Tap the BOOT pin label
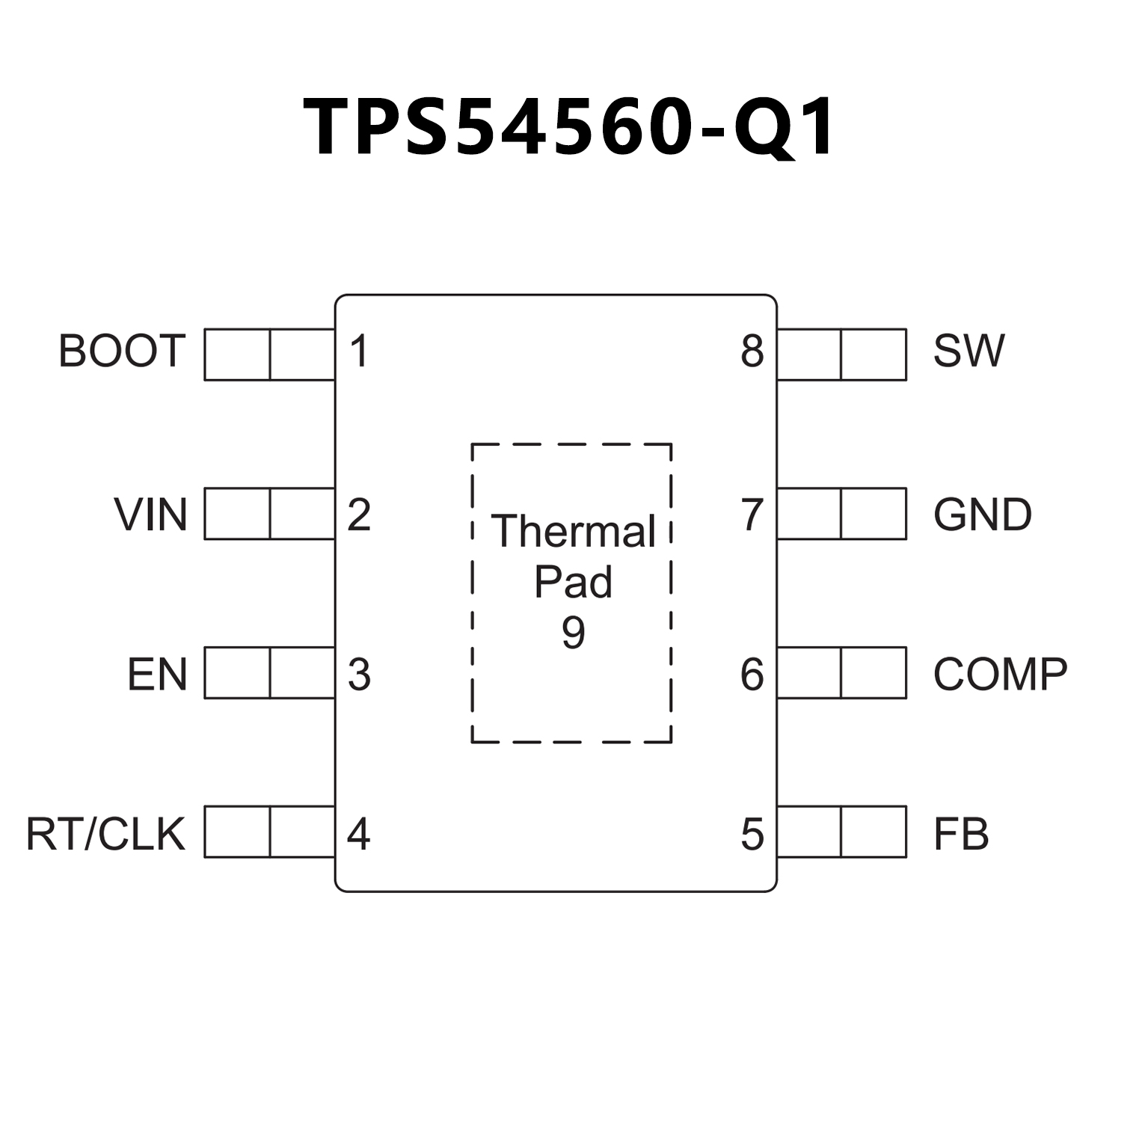(x=121, y=351)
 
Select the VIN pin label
(x=150, y=515)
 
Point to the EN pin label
(x=156, y=675)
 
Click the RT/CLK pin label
(x=105, y=834)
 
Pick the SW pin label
(x=969, y=351)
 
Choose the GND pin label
(x=982, y=515)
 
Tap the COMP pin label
(x=1000, y=675)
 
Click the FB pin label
(x=961, y=834)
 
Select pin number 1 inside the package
(x=360, y=351)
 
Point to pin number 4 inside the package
(x=359, y=834)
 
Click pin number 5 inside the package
(x=752, y=834)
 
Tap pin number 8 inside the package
(x=752, y=351)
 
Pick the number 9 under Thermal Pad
(x=573, y=633)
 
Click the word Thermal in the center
(x=573, y=532)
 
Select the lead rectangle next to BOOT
(x=269, y=354)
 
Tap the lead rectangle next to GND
(x=841, y=514)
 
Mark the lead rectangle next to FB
(x=841, y=832)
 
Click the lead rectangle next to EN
(x=269, y=673)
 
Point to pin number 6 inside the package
(x=752, y=675)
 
